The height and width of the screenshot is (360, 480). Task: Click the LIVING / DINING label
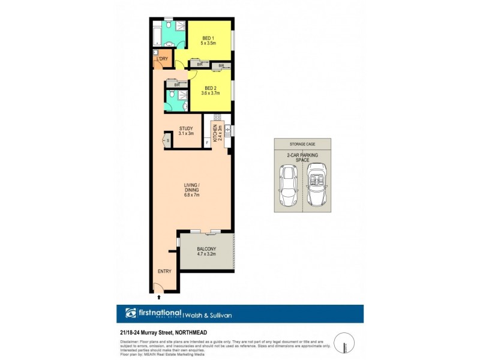[191, 189]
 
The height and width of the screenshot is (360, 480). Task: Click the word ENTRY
[164, 271]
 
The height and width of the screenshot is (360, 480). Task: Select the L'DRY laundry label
[162, 58]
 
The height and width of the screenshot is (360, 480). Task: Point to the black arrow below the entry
[159, 296]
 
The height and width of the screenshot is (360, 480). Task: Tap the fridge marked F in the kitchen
[207, 143]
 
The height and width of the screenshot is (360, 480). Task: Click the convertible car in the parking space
[316, 185]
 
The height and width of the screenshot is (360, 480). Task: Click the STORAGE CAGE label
[302, 144]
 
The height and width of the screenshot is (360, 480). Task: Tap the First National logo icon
[131, 313]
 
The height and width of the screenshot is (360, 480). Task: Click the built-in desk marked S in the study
[168, 142]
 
